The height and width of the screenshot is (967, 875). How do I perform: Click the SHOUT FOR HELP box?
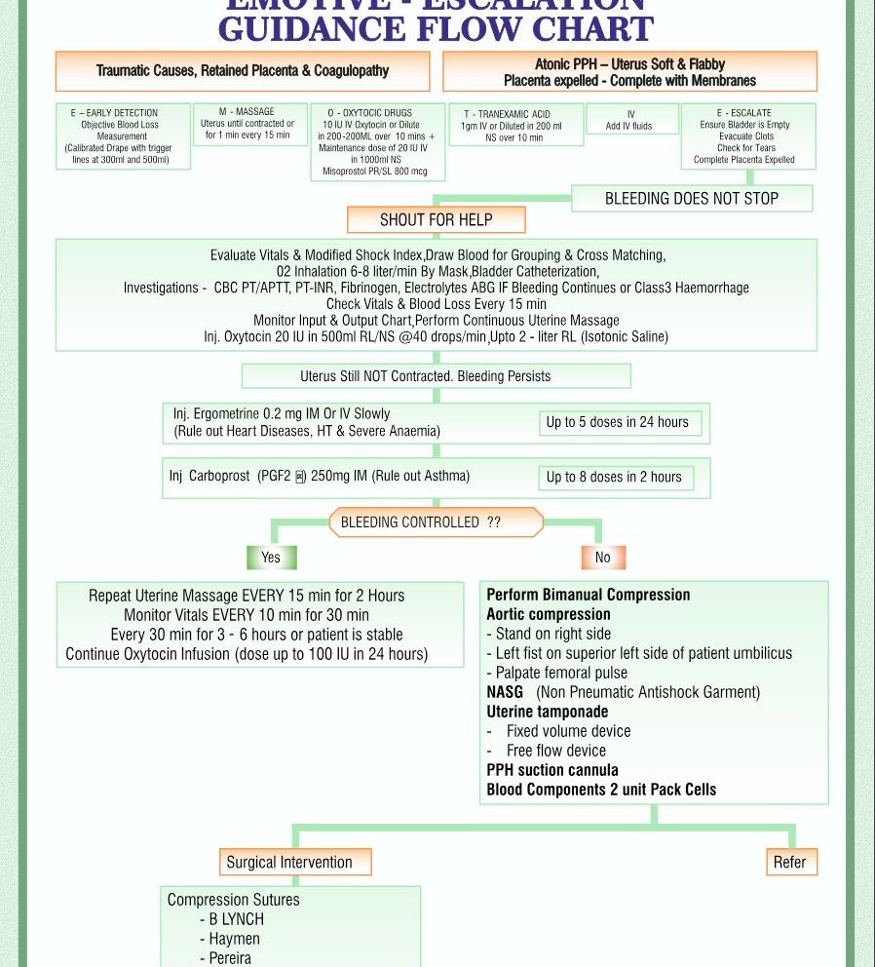click(436, 219)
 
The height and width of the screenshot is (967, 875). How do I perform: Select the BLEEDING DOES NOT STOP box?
click(691, 199)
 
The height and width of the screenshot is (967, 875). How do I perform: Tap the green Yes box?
click(271, 558)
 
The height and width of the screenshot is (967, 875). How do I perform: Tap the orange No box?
click(602, 558)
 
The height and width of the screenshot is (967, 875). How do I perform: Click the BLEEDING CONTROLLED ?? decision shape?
click(435, 522)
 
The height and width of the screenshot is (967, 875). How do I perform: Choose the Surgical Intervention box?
click(289, 862)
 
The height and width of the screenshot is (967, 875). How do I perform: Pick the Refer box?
click(789, 862)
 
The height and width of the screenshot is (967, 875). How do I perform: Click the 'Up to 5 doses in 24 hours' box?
click(618, 422)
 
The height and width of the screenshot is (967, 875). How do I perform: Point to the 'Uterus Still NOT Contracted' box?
click(436, 376)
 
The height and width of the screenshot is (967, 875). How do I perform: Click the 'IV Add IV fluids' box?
click(631, 120)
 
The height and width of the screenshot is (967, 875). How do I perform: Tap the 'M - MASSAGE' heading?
click(247, 112)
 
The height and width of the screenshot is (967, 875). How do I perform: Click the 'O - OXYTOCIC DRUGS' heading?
click(369, 113)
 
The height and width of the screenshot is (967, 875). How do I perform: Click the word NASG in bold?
click(505, 692)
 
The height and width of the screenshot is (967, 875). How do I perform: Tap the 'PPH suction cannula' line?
click(552, 770)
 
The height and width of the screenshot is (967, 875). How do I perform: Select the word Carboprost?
click(221, 477)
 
